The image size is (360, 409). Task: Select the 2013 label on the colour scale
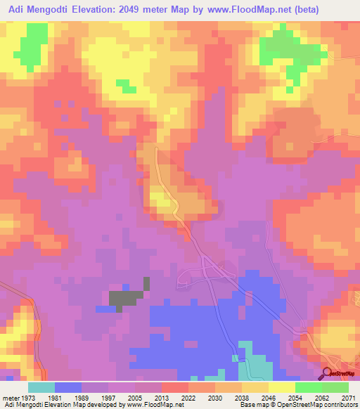tap(161, 397)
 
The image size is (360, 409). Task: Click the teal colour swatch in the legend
tap(41, 387)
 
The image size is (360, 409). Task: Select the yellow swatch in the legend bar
tap(281, 387)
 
